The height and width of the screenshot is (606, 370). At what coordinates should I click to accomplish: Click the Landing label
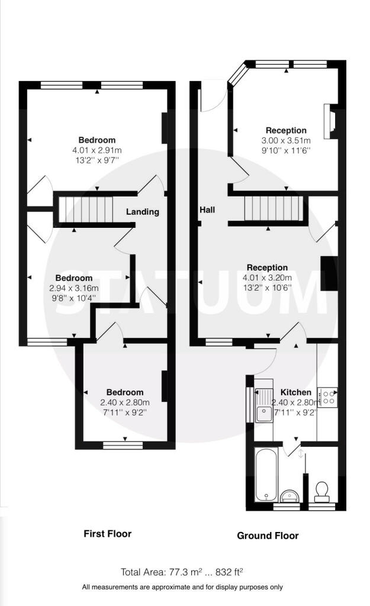[142, 211]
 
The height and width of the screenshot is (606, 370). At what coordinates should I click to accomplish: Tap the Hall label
[207, 210]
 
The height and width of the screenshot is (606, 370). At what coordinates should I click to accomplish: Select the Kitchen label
[296, 392]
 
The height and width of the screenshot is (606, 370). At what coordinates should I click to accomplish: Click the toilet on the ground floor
[322, 492]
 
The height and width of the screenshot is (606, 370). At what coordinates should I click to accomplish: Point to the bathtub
[266, 474]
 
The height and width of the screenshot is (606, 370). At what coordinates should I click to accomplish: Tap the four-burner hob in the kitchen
[327, 397]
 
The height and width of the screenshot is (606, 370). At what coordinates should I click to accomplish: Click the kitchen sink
[264, 404]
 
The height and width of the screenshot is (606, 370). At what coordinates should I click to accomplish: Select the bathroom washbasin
[290, 495]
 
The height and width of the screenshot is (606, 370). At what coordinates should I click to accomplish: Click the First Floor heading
[108, 534]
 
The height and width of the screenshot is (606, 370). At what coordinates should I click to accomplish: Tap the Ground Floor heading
[268, 536]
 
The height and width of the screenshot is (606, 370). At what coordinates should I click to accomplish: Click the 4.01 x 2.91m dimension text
[96, 150]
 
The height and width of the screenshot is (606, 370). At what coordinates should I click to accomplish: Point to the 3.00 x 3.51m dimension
[286, 140]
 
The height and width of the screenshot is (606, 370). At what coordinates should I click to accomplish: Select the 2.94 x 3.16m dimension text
[74, 288]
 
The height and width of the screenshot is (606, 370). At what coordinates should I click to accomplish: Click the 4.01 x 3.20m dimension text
[267, 278]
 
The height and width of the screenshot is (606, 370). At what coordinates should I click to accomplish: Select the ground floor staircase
[274, 208]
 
